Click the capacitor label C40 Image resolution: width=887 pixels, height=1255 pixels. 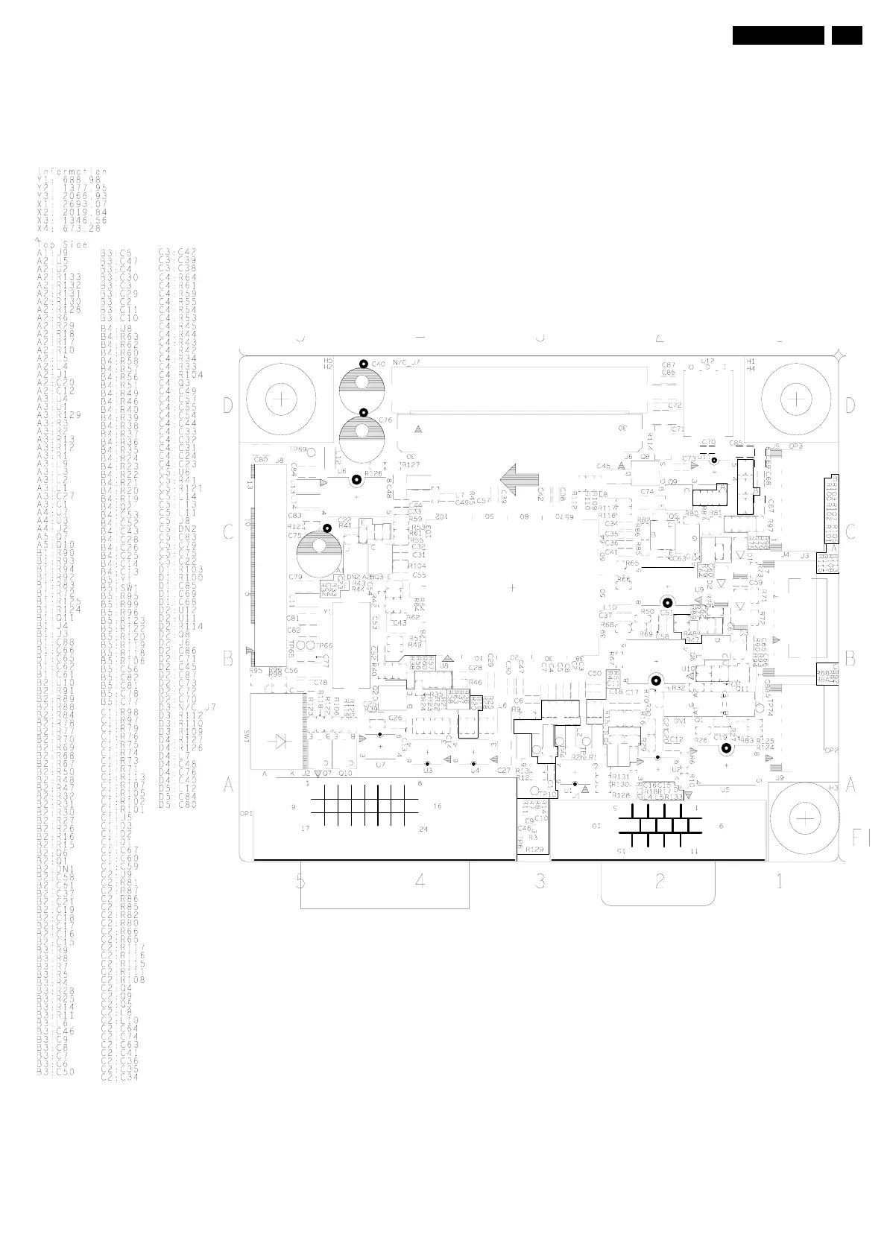pos(379,364)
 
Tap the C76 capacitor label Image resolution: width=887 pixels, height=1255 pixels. pos(385,420)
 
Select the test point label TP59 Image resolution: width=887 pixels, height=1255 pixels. pos(297,450)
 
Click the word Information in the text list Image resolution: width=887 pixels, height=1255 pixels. pos(72,172)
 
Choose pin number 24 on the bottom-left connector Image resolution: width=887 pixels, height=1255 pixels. pos(423,829)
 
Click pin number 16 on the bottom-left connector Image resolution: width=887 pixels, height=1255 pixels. pos(438,806)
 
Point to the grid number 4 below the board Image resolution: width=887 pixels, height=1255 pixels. pos(420,881)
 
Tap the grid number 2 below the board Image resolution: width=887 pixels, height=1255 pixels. pos(660,881)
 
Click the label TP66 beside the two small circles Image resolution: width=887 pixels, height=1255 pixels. pos(323,645)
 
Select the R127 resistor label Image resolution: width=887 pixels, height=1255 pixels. pos(409,464)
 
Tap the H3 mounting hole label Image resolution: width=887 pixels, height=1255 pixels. pos(834,787)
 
